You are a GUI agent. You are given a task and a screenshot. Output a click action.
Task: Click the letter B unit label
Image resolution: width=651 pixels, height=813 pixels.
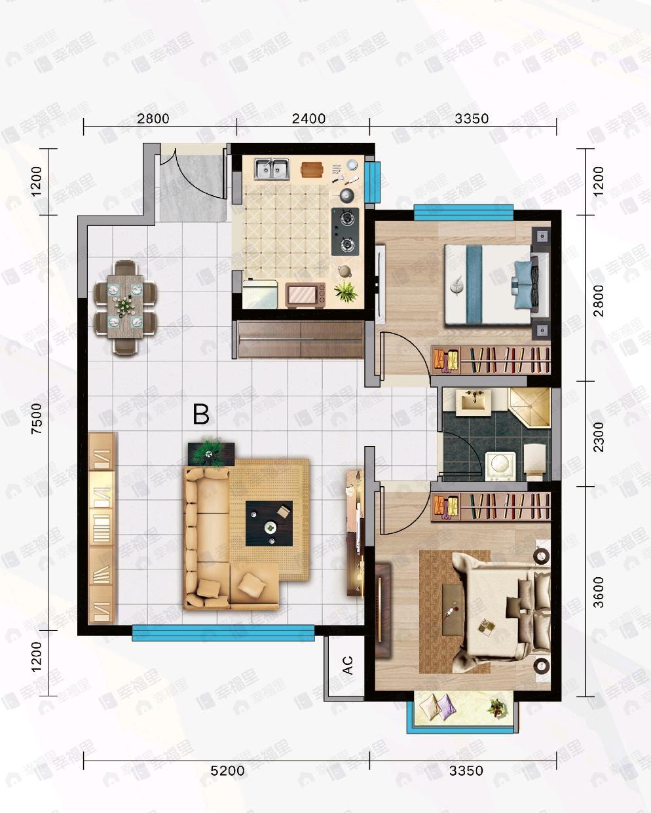point(200,414)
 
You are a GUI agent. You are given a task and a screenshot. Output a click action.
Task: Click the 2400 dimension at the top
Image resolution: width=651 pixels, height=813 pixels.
point(308,119)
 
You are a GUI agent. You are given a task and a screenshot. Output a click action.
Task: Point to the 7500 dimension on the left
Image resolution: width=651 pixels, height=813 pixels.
point(37,419)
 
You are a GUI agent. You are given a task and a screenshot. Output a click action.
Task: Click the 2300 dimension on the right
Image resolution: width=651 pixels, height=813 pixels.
point(599,437)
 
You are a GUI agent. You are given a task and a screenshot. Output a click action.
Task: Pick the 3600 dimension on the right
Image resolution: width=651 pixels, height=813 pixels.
point(599,592)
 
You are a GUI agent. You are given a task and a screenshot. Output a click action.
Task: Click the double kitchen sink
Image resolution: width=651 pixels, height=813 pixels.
point(271,168)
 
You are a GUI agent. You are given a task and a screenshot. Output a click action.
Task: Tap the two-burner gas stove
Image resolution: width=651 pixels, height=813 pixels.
point(345,232)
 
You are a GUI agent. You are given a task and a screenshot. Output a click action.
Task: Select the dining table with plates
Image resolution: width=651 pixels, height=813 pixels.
point(125,307)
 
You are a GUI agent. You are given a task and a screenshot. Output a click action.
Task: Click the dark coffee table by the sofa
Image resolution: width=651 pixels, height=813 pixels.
point(269,523)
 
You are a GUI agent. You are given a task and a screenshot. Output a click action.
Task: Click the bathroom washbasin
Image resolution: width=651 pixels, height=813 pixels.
point(473,402)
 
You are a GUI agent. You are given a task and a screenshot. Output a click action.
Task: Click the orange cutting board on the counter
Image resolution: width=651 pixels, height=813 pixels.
point(312,169)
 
